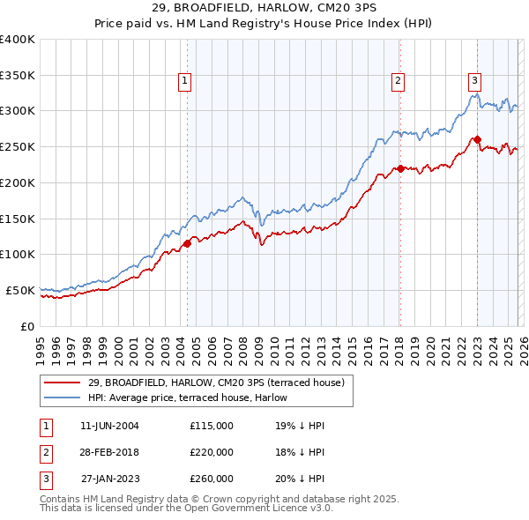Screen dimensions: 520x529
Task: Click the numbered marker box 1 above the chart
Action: (185, 81)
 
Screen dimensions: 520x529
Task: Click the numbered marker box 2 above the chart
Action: (398, 81)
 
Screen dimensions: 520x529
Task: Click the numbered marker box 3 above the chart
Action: (474, 81)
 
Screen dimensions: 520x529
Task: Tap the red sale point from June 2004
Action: (187, 243)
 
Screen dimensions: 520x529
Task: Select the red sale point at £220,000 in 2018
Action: (399, 167)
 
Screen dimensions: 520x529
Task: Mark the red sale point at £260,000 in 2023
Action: (477, 138)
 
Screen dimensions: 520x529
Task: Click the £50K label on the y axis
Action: (19, 290)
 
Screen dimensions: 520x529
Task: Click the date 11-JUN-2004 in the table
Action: (109, 426)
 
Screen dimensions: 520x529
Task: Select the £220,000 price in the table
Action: (212, 452)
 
